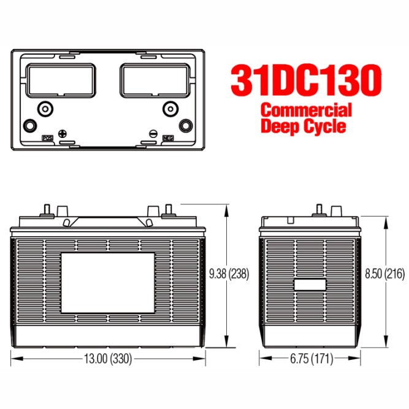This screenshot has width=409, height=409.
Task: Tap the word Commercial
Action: [x=306, y=111]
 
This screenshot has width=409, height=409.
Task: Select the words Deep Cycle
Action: [x=303, y=126]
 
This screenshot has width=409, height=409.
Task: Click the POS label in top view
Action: [x=47, y=139]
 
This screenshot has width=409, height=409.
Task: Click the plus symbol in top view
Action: [x=61, y=134]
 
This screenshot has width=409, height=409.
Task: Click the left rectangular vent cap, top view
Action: [x=61, y=81]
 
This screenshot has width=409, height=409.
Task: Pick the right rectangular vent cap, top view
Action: [x=153, y=81]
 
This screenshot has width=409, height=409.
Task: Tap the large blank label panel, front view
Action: [x=108, y=283]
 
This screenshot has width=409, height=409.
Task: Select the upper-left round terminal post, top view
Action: [x=44, y=109]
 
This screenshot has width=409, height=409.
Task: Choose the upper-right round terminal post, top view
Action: [x=169, y=109]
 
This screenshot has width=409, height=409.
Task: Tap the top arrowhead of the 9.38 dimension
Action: [x=228, y=208]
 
